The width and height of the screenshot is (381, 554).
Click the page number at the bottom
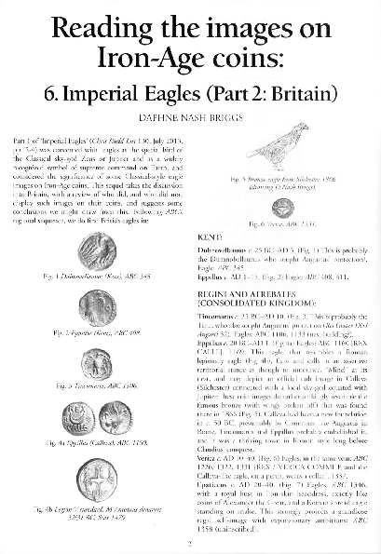pos(190,544)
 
